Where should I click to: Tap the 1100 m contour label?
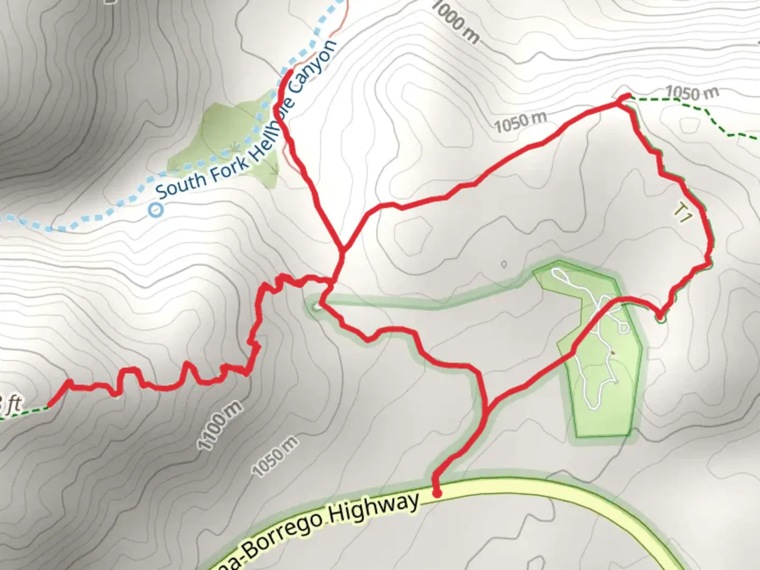click(x=220, y=425)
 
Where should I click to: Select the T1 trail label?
click(x=682, y=213)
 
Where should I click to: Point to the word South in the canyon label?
click(x=180, y=183)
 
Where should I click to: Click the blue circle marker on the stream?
click(x=156, y=210)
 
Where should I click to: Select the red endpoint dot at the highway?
click(x=437, y=493)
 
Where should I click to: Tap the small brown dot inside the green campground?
click(x=612, y=352)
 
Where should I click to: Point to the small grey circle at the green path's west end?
click(x=317, y=306)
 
